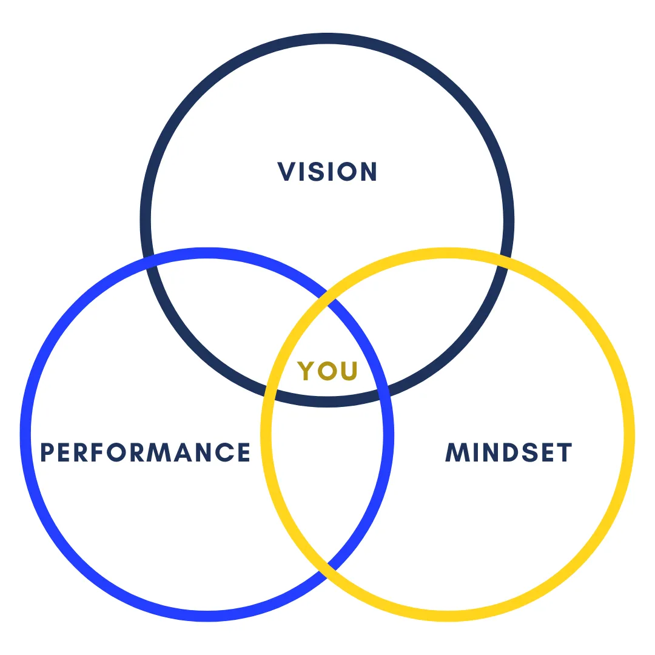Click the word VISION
point(327,172)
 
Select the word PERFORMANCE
point(145,452)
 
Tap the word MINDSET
point(509,452)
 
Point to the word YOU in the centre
point(327,370)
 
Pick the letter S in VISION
point(314,172)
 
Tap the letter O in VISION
point(346,172)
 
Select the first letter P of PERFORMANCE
point(47,452)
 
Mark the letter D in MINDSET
point(508,452)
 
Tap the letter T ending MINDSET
point(564,452)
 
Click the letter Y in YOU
point(306,371)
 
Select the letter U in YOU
point(349,370)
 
